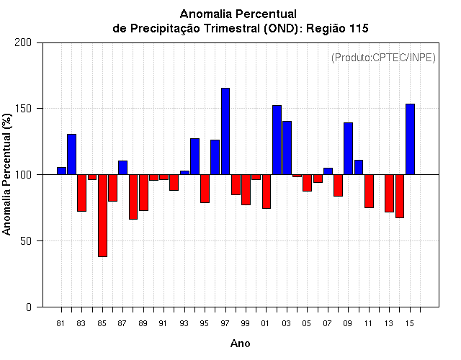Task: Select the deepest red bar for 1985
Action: [102, 215]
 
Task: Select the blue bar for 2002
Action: [277, 140]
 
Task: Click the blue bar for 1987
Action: [122, 167]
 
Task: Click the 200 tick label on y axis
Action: [24, 42]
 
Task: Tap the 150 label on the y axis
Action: [24, 109]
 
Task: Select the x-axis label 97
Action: [225, 324]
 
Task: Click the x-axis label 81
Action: [61, 324]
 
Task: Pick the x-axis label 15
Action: [410, 324]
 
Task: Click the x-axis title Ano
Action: [240, 343]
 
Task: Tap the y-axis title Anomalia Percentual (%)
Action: [8, 174]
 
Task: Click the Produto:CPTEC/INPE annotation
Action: [383, 57]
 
